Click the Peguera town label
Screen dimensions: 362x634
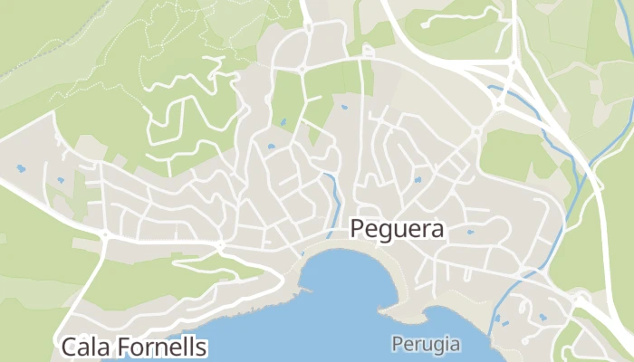397,229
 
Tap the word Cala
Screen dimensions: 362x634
88,347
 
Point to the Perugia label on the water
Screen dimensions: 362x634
426,344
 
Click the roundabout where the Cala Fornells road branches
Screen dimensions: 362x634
105,235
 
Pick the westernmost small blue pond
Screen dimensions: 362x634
20,167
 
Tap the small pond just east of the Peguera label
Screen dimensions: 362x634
470,232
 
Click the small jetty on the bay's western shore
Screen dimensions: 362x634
305,291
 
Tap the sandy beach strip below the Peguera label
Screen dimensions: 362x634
362,246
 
